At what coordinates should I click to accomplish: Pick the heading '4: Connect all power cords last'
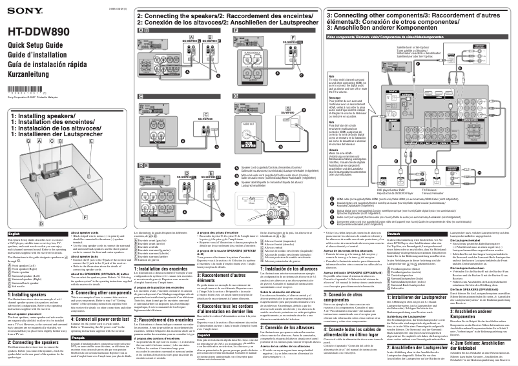pyautogui.click(x=98, y=282)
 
